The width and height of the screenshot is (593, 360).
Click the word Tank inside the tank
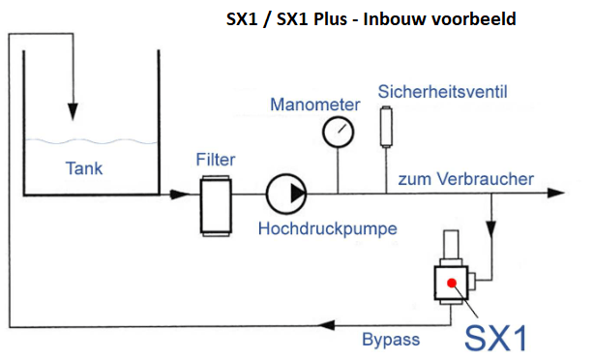point(84,168)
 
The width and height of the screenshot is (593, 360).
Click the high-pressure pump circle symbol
point(287,193)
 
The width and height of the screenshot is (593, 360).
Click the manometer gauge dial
point(339,130)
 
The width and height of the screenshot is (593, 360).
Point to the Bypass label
point(390,339)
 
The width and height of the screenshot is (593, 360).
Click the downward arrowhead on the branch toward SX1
point(493,233)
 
